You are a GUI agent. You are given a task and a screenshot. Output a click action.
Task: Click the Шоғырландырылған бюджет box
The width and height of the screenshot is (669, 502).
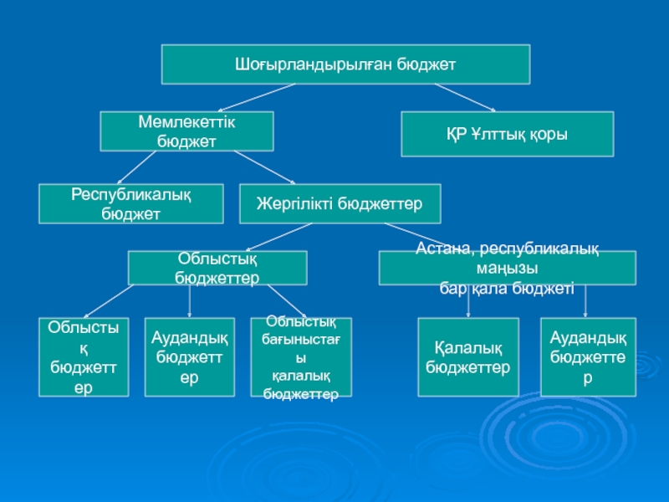click(345, 64)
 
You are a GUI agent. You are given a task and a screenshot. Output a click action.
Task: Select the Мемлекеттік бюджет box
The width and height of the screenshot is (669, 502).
click(187, 132)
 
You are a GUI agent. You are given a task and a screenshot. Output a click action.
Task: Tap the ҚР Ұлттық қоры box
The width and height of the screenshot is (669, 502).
click(508, 135)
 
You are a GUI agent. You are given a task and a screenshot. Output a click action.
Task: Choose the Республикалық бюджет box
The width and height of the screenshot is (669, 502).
click(131, 204)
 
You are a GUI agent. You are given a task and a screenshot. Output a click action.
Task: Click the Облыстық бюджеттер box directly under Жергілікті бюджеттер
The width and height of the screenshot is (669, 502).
click(217, 268)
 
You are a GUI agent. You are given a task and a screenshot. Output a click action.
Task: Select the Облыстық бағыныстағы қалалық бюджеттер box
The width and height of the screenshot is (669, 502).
click(300, 356)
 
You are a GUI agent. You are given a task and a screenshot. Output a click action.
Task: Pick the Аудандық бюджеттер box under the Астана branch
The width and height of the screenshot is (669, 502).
click(588, 356)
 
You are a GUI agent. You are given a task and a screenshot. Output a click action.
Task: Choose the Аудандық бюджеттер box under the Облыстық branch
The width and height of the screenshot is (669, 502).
click(190, 356)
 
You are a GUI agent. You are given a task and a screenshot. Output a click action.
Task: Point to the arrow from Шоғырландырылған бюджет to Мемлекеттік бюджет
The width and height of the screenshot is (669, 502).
click(255, 98)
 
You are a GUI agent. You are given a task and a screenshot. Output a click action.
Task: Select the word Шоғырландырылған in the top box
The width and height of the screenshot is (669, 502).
click(302, 64)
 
